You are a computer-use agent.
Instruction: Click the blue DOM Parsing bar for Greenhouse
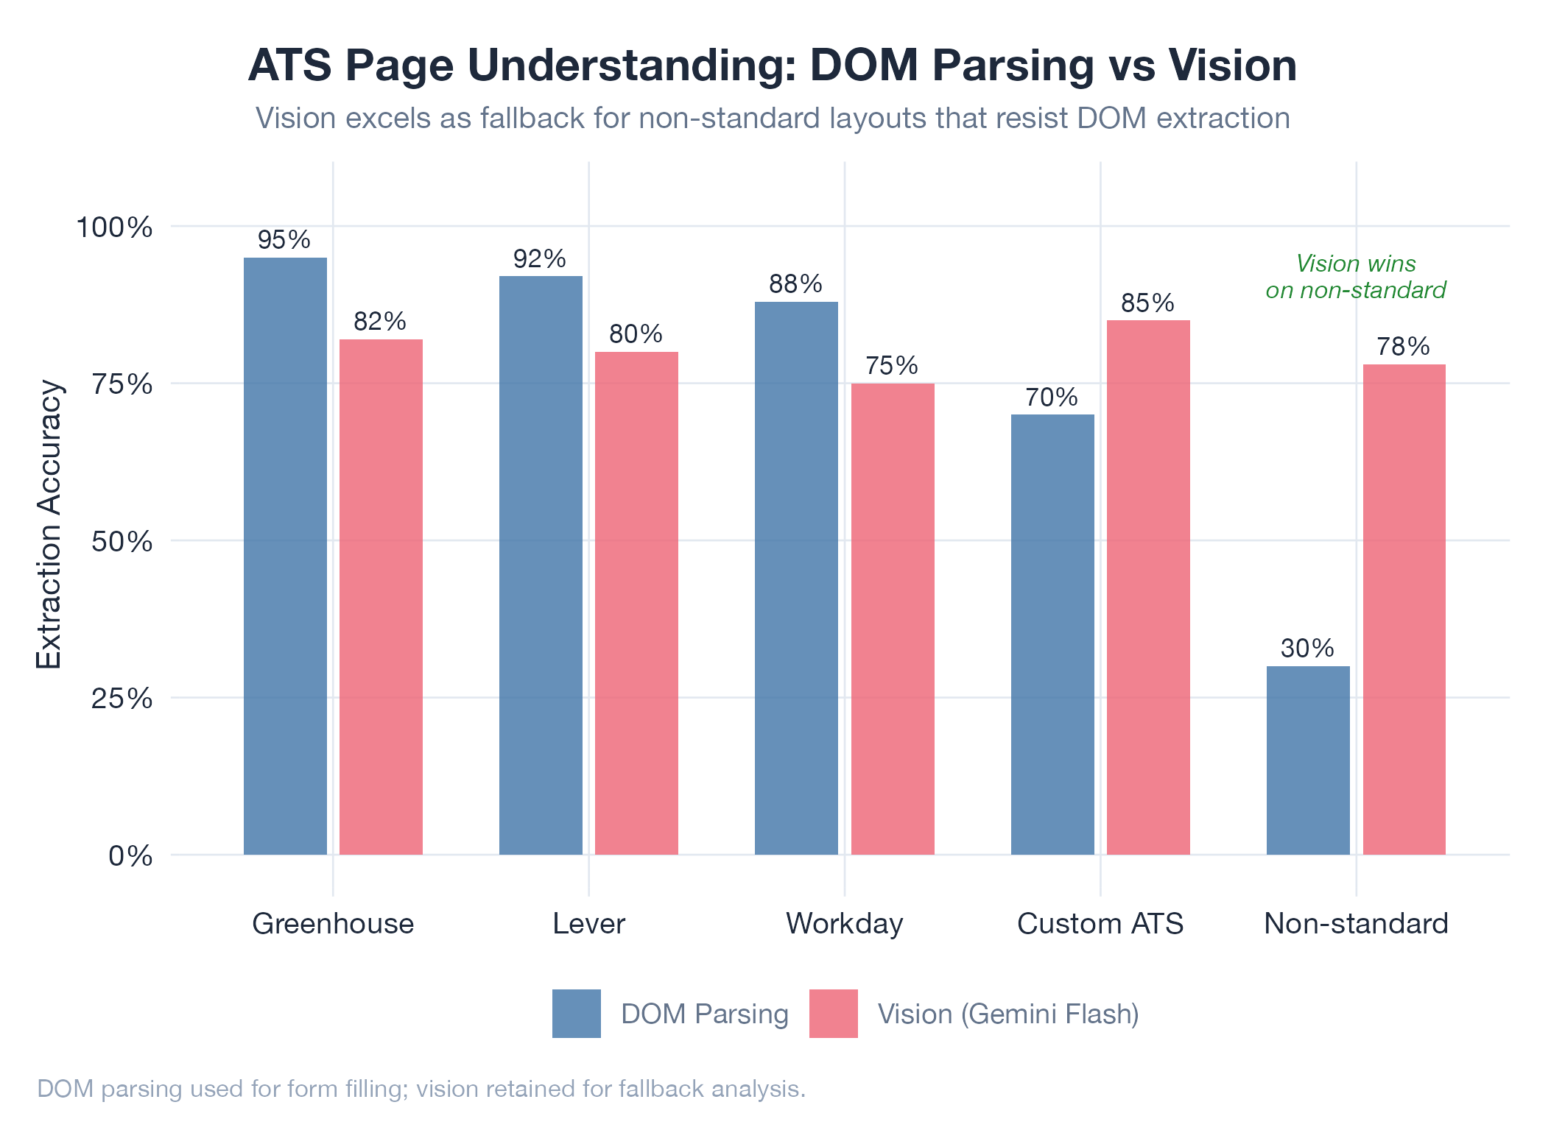tap(285, 556)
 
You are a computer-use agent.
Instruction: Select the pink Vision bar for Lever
tap(636, 603)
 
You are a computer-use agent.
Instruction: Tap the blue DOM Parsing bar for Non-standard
tap(1308, 760)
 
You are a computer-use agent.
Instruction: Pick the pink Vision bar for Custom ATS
tap(1148, 587)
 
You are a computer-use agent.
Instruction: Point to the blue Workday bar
tap(796, 578)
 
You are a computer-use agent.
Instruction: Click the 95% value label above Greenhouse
tap(284, 240)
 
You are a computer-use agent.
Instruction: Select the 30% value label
tap(1307, 649)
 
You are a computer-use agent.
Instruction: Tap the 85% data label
tap(1147, 303)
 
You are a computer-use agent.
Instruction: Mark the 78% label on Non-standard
tap(1403, 347)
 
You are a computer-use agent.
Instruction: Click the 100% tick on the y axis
tap(115, 227)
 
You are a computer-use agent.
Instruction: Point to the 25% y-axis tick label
tap(122, 699)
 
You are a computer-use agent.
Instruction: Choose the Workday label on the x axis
tap(844, 924)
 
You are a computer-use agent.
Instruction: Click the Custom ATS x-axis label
tap(1100, 924)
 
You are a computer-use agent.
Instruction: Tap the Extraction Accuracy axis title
tap(49, 524)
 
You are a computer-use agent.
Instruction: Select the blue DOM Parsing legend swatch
tap(576, 1014)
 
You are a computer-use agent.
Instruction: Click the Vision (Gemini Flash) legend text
tap(1008, 1014)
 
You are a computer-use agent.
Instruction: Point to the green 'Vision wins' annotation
tap(1355, 277)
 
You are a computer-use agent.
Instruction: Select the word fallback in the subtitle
tap(535, 119)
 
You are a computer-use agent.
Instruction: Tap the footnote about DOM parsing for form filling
tap(421, 1089)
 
